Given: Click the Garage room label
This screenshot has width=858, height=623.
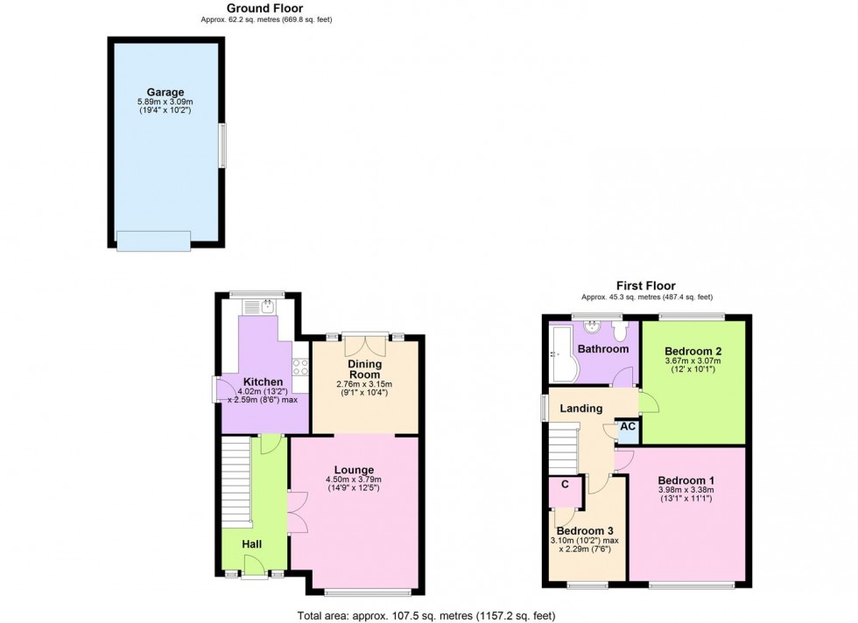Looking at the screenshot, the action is (165, 92).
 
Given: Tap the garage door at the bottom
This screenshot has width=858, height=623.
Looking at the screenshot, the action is (154, 241).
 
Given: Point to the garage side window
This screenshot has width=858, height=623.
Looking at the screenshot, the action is (222, 145).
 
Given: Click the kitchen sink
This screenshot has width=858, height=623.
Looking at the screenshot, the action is (260, 306).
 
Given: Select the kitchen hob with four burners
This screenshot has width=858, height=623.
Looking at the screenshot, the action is (300, 367).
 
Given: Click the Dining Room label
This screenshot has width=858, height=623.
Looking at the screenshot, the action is (365, 369).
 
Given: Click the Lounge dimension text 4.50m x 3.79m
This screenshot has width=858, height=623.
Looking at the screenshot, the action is (354, 479).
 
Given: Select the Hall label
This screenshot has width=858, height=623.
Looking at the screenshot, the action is (252, 544).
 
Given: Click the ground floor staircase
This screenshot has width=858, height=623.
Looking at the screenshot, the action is (236, 480).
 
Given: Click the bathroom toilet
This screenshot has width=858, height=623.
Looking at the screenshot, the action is (620, 331).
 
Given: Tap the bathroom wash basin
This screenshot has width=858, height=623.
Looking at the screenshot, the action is (592, 327).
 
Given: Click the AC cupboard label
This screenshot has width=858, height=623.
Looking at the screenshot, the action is (628, 425).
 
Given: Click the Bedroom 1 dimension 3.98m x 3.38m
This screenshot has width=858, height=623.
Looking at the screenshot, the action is (686, 490).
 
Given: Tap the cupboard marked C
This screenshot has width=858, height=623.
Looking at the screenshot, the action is (566, 492).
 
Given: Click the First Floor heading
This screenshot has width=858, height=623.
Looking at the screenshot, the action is (646, 285).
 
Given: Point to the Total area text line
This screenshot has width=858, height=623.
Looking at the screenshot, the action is (426, 616).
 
